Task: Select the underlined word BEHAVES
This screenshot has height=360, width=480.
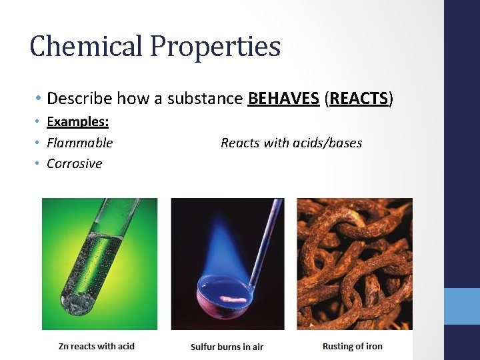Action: [x=283, y=99]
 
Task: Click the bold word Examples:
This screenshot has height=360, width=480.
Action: [x=77, y=122]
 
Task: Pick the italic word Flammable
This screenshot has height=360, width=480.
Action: [x=79, y=143]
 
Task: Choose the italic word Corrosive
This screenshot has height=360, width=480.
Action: [x=74, y=163]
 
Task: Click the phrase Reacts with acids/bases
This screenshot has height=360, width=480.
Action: [x=291, y=143]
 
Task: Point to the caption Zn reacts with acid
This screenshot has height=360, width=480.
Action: [x=97, y=345]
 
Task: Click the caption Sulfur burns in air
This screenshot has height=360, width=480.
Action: [x=227, y=346]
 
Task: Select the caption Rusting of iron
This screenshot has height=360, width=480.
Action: [x=352, y=345]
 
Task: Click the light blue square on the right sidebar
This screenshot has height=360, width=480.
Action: [x=462, y=306]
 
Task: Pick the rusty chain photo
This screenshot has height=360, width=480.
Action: [x=354, y=263]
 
